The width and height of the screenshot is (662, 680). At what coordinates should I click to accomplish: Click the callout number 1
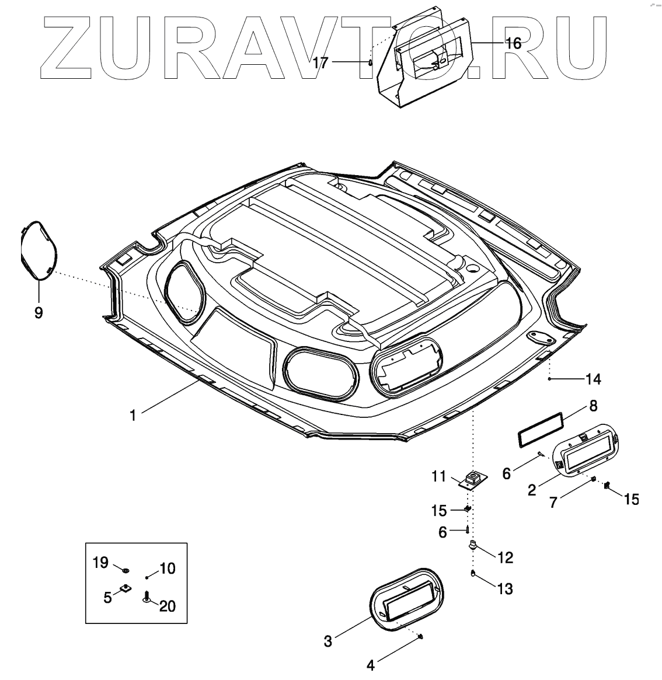point(133,415)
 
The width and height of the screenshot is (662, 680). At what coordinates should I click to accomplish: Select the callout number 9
point(38,313)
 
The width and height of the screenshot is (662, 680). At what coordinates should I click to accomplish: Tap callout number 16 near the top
point(513,43)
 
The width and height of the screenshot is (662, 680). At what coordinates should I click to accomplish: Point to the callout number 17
point(320,62)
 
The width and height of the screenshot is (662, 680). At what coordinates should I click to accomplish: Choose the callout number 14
point(593,379)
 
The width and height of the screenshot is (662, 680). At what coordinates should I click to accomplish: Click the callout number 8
point(593,405)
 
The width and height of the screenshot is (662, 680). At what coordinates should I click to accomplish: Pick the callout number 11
point(440,477)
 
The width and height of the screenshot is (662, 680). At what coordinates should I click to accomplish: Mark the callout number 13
point(505,589)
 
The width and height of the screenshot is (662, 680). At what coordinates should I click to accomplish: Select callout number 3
point(328,641)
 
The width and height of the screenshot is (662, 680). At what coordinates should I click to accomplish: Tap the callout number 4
point(370,665)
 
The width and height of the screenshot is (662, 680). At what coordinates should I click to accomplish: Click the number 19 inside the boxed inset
point(100,563)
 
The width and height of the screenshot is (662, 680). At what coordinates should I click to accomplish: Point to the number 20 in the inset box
point(167,606)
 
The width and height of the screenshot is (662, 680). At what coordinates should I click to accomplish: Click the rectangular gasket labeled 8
point(541,431)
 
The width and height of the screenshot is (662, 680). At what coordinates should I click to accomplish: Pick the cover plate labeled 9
point(39,250)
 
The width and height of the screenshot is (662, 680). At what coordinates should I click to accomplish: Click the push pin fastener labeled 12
point(473,546)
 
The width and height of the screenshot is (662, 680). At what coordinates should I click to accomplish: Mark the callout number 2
point(532,490)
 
